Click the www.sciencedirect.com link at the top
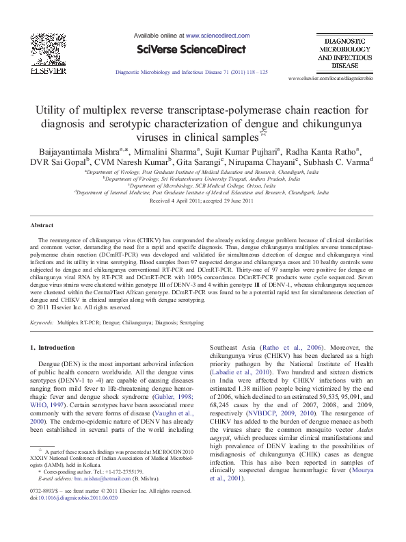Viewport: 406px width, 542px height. click(217, 34)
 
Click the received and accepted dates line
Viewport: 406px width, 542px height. click(202, 201)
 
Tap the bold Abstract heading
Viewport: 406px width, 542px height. click(42, 225)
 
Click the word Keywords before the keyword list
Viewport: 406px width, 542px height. click(42, 321)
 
